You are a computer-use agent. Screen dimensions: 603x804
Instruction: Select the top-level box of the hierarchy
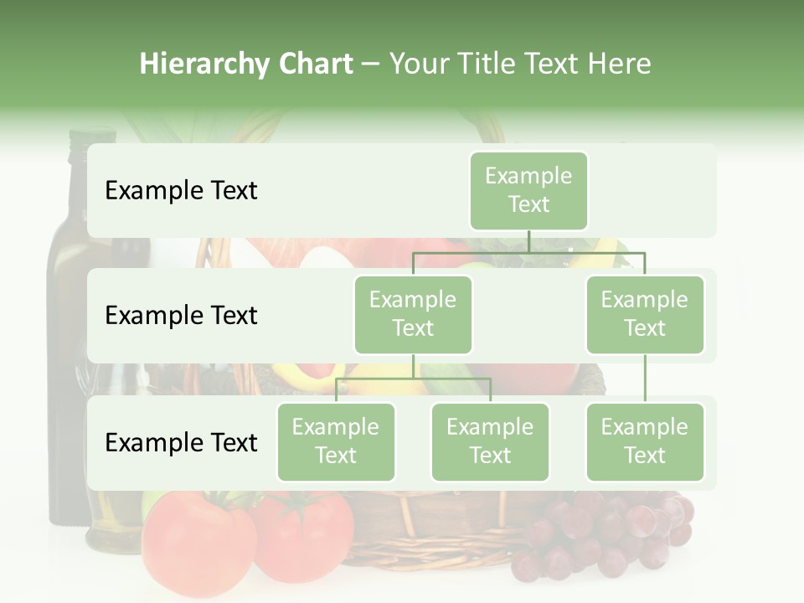click(x=528, y=190)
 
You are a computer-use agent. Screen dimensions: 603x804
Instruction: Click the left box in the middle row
click(x=413, y=314)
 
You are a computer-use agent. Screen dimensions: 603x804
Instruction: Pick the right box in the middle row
click(x=645, y=314)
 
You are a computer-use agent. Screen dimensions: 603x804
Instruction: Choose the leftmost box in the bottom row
click(x=336, y=441)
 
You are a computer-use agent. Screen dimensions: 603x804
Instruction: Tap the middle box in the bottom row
click(x=490, y=441)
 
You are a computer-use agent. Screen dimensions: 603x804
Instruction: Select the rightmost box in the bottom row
click(x=645, y=441)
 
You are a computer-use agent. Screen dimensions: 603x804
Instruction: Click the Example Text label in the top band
click(x=181, y=191)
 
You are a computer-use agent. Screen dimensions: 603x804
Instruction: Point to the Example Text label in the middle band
click(x=181, y=316)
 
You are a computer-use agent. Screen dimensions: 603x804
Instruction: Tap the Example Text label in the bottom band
click(x=181, y=443)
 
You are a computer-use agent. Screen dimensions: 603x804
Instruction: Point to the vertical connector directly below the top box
click(x=528, y=241)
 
